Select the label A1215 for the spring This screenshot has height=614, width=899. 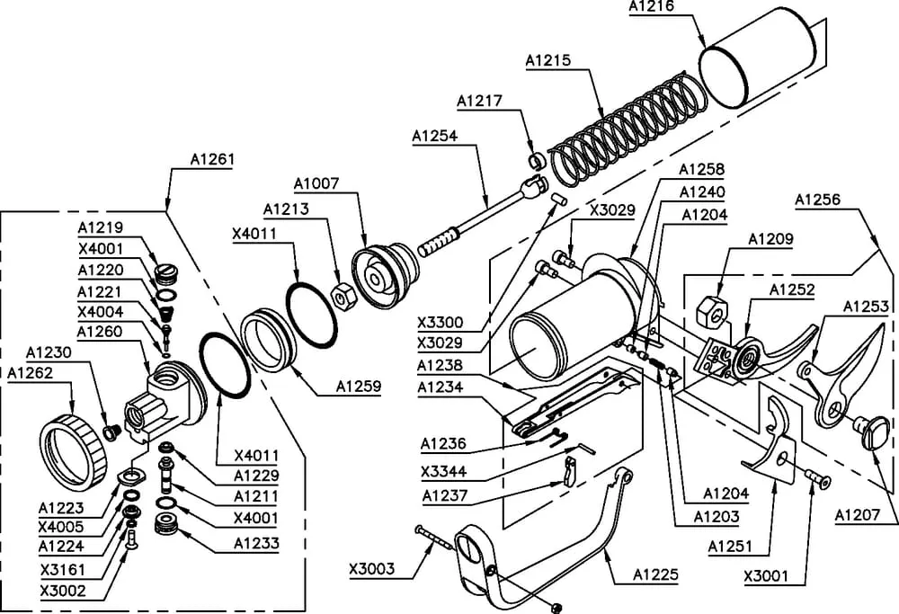[548, 60]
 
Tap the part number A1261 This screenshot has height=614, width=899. [212, 159]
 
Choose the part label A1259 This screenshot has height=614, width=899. [359, 387]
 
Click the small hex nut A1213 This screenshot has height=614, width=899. [342, 294]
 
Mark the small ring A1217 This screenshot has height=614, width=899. [535, 162]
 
